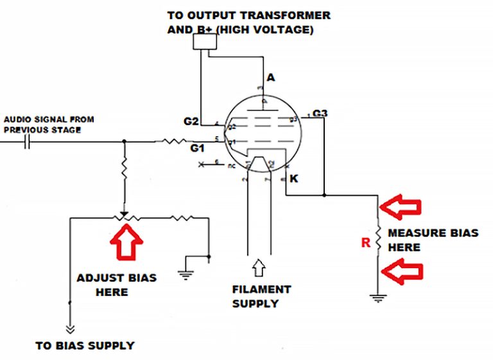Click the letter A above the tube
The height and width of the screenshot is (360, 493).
271,78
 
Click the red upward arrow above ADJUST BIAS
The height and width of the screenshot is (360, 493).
126,243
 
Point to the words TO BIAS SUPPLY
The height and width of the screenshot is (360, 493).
85,345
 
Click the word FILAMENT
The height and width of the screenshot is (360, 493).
262,289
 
